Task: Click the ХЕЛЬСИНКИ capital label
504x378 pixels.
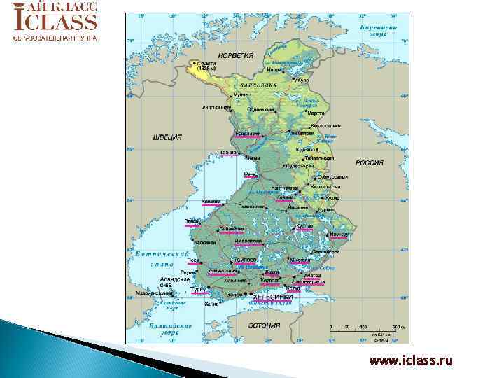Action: coord(272,297)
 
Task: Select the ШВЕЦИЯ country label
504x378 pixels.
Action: coord(167,137)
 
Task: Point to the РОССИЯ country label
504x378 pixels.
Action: coord(370,162)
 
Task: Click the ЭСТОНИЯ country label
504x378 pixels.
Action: coord(264,325)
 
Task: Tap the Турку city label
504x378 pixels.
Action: coord(198,288)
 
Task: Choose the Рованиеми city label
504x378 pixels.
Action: coord(248,133)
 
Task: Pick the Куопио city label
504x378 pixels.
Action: coord(304,226)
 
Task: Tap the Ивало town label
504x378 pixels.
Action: coord(302,80)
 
